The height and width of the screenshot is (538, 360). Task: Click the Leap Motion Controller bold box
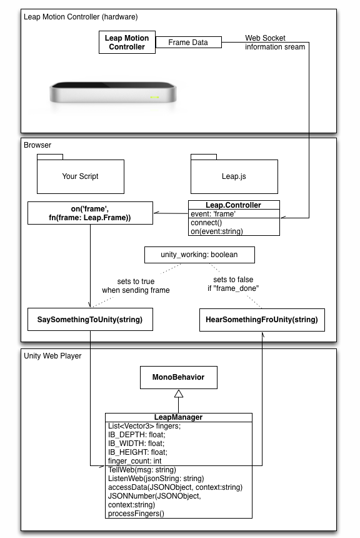127,43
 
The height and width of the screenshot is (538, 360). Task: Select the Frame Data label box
188,43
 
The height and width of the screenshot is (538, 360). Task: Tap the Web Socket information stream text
275,43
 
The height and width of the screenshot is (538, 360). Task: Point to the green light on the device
154,97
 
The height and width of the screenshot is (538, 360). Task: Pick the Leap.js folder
234,176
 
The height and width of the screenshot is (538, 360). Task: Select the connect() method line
207,223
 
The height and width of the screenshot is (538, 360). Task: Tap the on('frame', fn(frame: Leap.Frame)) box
90,213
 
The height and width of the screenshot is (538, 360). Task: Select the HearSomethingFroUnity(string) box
261,320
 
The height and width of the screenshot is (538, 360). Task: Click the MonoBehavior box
177,377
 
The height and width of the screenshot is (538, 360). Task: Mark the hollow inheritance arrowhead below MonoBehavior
178,393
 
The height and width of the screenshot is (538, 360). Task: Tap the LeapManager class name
178,417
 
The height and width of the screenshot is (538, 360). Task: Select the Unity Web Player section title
52,355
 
